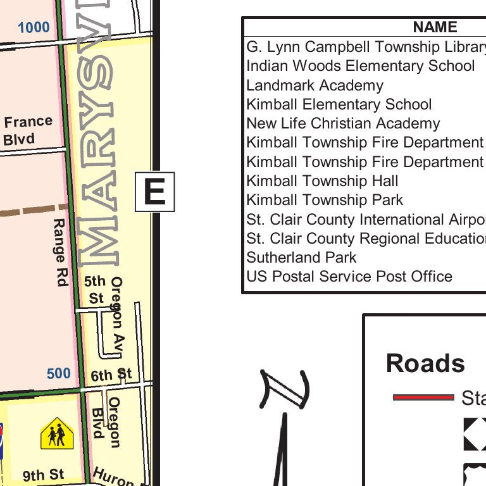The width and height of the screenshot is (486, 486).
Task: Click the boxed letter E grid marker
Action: [154, 192]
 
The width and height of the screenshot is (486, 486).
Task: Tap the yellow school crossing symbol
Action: [57, 433]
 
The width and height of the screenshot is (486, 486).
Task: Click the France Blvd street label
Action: [28, 130]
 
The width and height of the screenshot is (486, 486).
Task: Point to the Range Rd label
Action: [59, 252]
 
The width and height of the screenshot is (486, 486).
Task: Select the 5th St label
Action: [95, 289]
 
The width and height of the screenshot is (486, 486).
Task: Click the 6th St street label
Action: [111, 375]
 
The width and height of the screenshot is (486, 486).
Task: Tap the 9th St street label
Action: [44, 475]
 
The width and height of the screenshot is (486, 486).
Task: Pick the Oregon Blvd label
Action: [106, 422]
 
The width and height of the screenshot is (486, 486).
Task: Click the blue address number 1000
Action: [34, 27]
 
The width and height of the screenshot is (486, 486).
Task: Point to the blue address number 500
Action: [59, 373]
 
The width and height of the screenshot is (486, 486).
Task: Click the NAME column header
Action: [435, 27]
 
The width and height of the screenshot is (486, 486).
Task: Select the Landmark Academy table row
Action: [315, 85]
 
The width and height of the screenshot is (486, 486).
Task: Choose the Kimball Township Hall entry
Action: [322, 181]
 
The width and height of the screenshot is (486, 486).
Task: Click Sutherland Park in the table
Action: [301, 258]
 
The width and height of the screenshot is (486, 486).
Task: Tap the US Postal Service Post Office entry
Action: [349, 277]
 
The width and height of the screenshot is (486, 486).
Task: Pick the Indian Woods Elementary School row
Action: [360, 66]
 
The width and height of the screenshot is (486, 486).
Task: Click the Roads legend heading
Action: [425, 363]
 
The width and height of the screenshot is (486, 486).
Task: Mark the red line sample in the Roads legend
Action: [423, 397]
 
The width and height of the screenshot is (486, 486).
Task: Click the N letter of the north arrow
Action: [285, 390]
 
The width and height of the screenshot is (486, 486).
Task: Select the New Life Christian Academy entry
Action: [343, 123]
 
